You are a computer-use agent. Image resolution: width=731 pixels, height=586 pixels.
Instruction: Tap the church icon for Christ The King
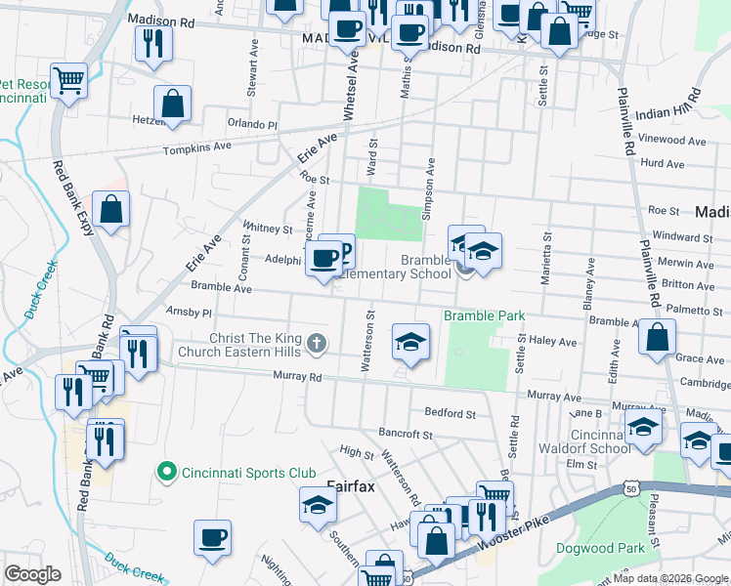(315, 343)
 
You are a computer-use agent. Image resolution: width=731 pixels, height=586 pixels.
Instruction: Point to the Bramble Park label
(485, 315)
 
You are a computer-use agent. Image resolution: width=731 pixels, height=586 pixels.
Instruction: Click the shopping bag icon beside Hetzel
(172, 104)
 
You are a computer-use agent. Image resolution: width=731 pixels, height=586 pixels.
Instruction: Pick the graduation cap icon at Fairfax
(318, 505)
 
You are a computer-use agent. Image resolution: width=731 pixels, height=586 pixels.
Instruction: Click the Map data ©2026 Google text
(670, 578)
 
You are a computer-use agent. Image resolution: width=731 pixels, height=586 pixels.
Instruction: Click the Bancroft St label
(405, 434)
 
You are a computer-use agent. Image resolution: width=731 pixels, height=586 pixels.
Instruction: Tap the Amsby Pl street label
(189, 313)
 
